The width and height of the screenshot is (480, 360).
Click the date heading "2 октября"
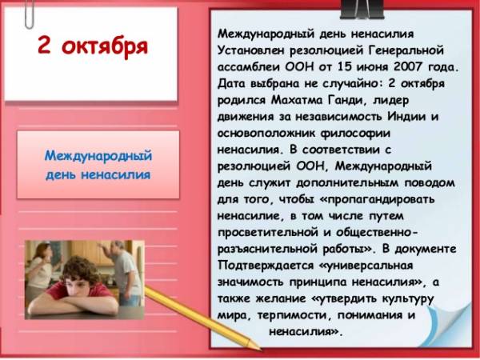[93, 46]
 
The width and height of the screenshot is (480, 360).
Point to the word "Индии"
[406, 117]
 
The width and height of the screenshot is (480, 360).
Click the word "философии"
[355, 134]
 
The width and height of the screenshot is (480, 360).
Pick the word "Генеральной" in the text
[406, 50]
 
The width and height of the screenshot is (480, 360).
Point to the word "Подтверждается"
[266, 266]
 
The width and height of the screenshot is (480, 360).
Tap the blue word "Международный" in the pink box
[98, 155]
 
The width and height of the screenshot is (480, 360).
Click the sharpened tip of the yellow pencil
[259, 349]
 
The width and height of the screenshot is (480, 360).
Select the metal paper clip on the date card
[29, 14]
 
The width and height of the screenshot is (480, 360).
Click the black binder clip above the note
[363, 9]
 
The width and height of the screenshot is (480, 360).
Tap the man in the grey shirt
[124, 273]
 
